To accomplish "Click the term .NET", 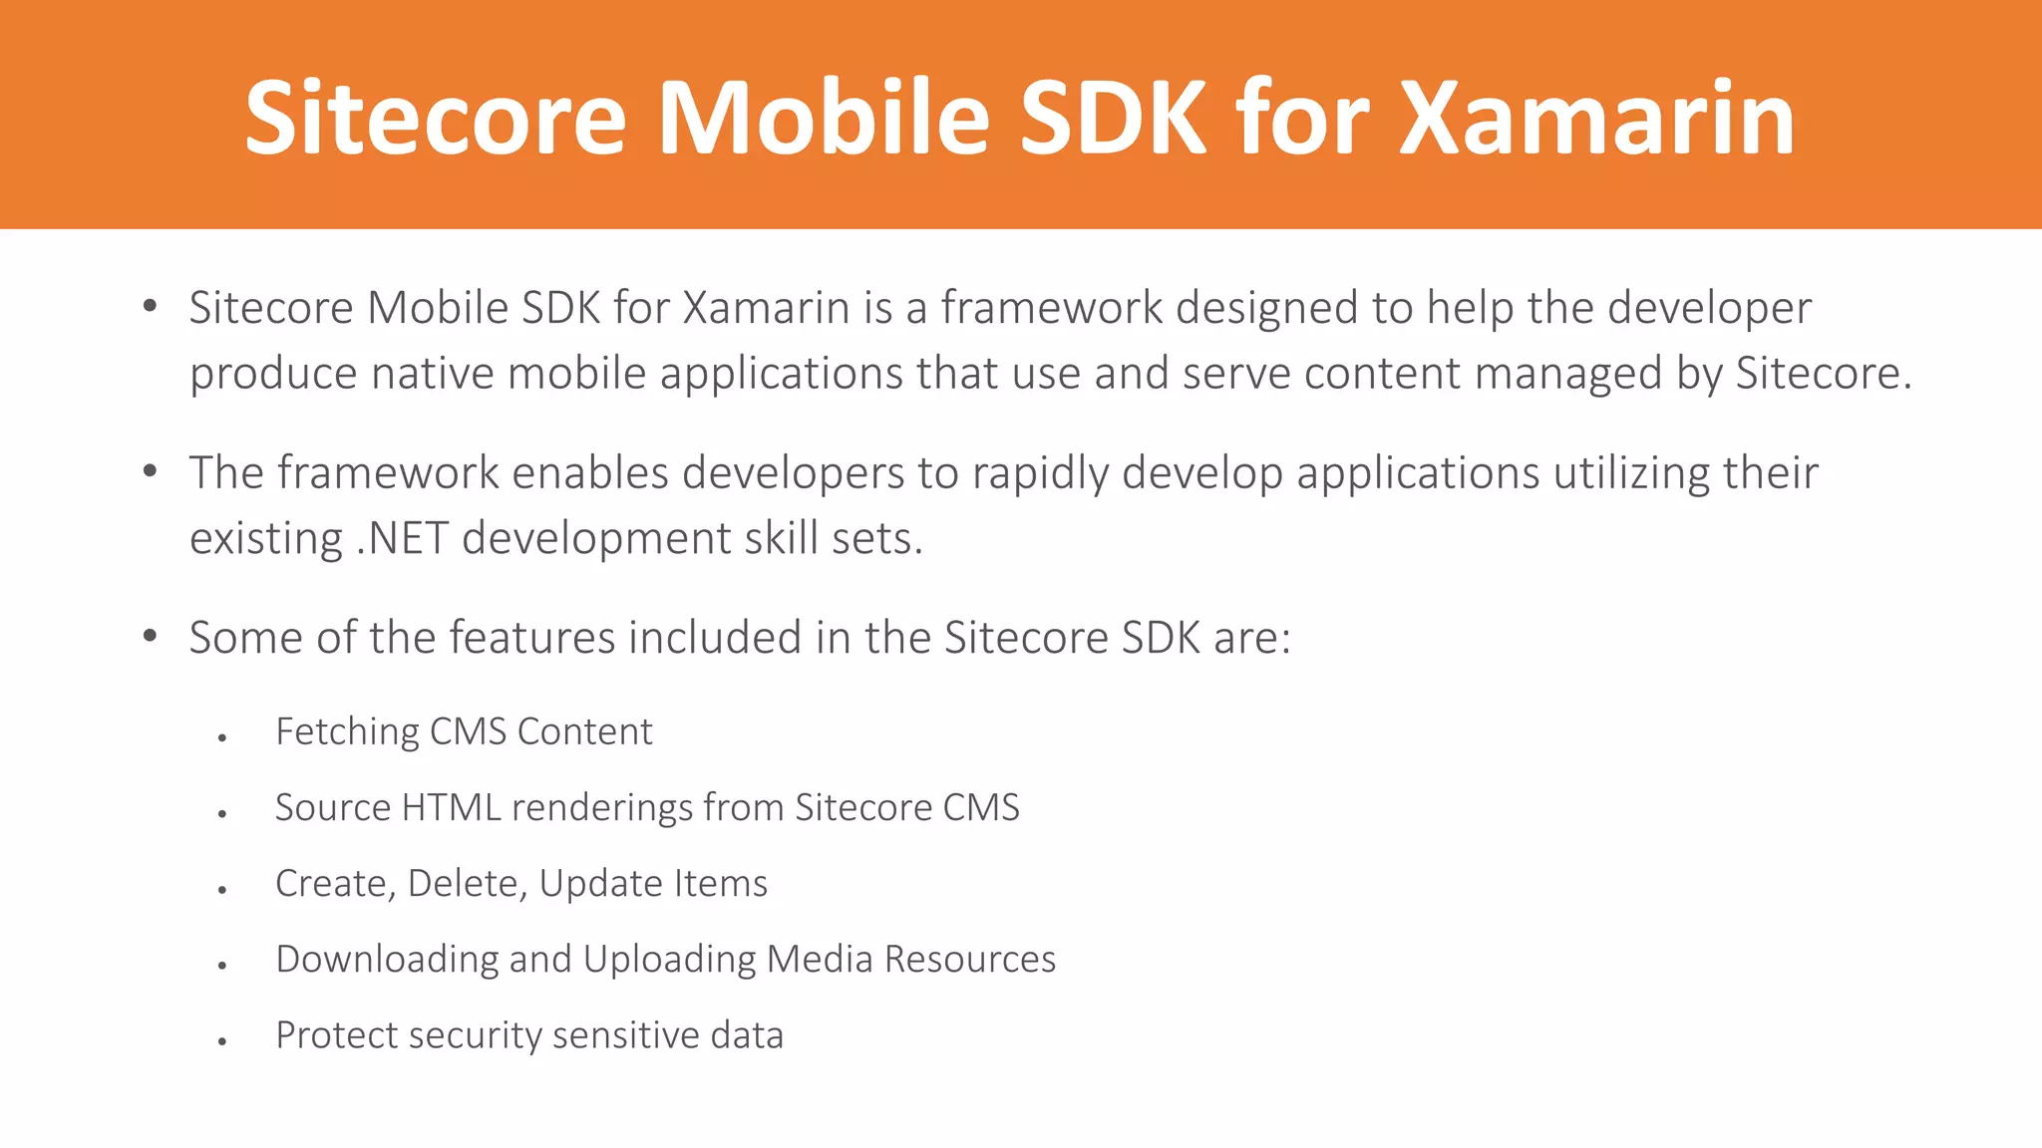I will click(402, 539).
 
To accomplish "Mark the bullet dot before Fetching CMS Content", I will click(222, 738).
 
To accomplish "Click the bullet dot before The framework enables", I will click(150, 470).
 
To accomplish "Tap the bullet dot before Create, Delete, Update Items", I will click(222, 890).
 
